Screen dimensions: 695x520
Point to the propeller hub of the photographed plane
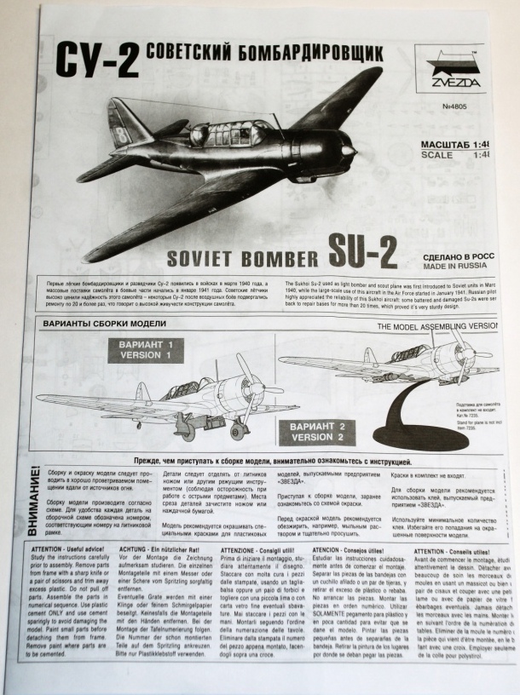tap(347, 152)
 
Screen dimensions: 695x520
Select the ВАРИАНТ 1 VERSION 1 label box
tap(147, 350)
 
